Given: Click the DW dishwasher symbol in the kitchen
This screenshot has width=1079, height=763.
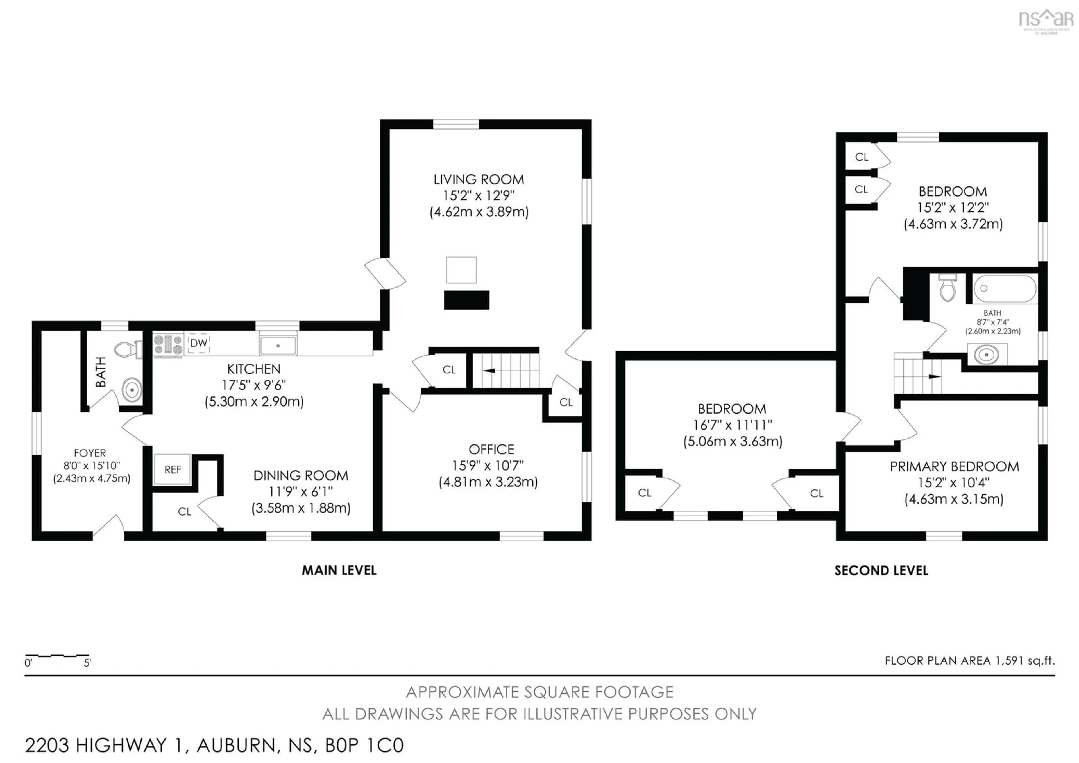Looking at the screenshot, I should click(198, 343).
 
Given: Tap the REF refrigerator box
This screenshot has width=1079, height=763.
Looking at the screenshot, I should click(173, 469).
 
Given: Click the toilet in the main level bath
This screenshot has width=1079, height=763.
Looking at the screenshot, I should click(127, 349).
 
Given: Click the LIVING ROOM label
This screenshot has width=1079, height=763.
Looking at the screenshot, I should click(479, 180).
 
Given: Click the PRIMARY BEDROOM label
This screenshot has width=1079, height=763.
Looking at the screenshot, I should click(954, 467).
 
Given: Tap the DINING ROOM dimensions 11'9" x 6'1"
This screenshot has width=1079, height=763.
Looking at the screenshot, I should click(300, 492).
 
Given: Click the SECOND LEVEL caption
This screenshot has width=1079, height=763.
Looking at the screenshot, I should click(881, 571).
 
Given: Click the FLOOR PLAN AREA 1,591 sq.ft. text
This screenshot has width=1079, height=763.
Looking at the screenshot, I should click(969, 660).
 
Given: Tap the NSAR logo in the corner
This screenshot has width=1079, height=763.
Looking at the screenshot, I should click(1046, 20).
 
